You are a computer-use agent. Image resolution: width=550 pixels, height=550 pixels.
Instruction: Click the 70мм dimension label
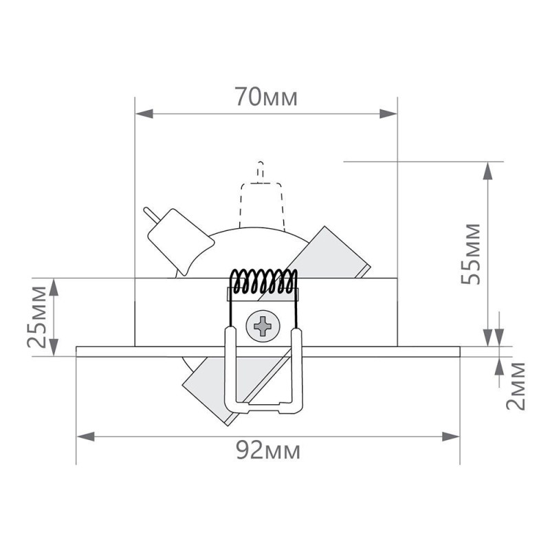pos(266,98)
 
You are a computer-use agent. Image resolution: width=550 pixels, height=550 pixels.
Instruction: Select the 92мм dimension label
pos(267,452)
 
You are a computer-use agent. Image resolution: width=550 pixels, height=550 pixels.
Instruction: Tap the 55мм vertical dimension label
pos(471,253)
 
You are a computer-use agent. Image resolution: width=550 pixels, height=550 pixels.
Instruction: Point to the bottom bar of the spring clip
pos(263,407)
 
